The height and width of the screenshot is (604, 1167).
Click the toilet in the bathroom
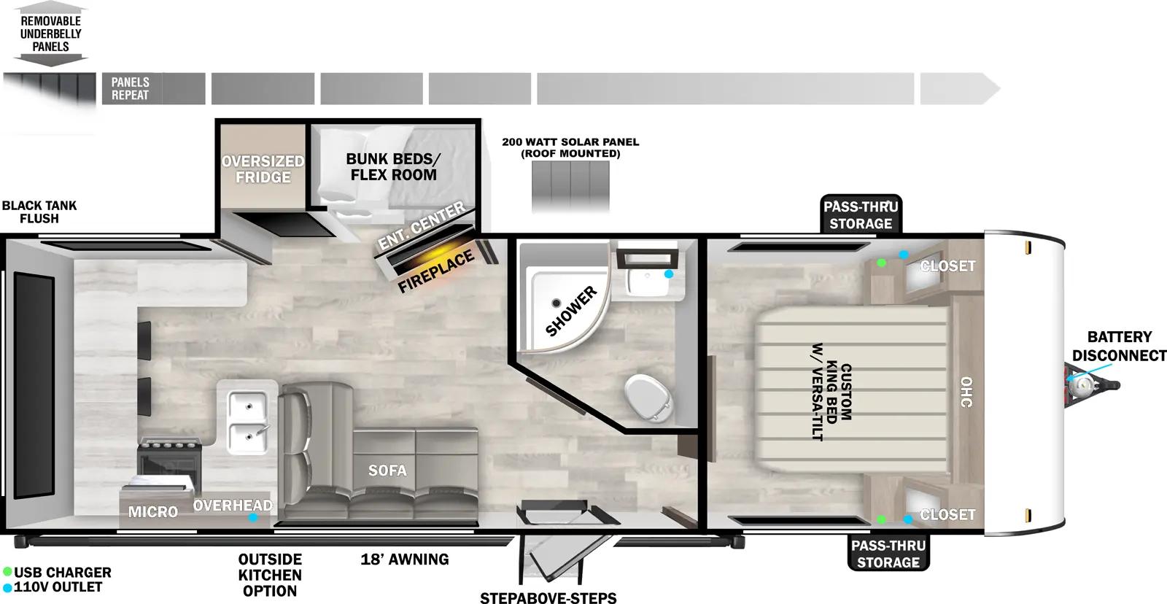[648, 398]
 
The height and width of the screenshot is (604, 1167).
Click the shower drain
[556, 303]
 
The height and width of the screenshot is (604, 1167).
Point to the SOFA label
[387, 471]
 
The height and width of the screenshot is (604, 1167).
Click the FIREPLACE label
[436, 271]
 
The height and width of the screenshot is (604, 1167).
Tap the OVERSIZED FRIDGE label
[263, 169]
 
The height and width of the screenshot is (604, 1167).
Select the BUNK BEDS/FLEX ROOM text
[393, 167]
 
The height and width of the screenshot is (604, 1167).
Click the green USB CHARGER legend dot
[7, 572]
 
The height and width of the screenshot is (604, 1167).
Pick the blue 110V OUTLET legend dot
[7, 587]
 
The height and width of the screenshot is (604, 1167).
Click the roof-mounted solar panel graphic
[570, 187]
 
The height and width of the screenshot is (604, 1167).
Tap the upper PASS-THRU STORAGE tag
[861, 215]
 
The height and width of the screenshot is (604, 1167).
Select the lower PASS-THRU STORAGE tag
[888, 554]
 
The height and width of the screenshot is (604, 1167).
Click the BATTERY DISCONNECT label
[1119, 346]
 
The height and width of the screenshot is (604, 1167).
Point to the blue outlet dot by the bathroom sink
[669, 274]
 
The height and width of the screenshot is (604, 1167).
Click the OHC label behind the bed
[966, 392]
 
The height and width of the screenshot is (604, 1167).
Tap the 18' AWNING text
[405, 560]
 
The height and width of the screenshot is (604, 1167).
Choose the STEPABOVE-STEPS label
[548, 598]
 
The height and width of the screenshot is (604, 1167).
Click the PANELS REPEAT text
[130, 88]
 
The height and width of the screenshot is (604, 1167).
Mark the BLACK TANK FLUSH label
[39, 212]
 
